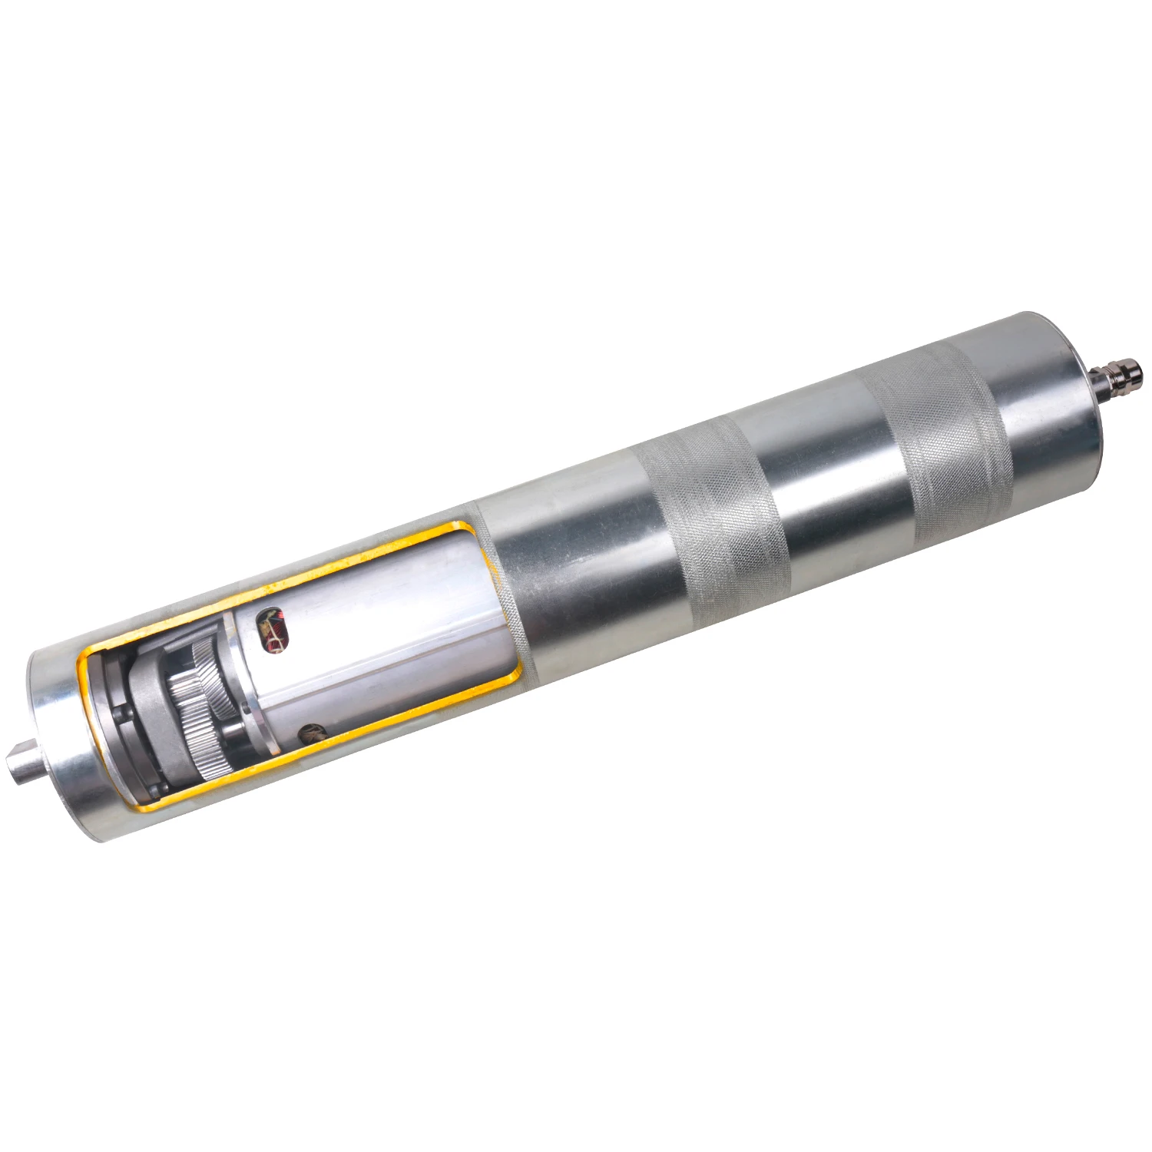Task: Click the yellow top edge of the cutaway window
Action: tap(307, 577)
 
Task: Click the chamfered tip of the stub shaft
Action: tap(12, 764)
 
